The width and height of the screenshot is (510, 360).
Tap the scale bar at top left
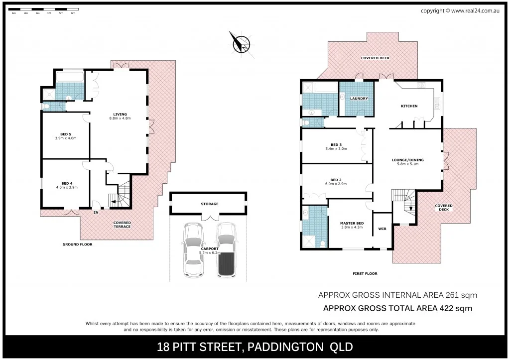[x=44, y=10]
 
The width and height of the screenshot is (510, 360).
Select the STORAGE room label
[x=210, y=204]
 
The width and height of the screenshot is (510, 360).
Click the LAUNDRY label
[x=359, y=99]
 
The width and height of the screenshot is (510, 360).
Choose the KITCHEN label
[x=409, y=106]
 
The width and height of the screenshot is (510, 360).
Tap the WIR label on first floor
[x=382, y=229]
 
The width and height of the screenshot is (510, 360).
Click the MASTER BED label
[x=352, y=223]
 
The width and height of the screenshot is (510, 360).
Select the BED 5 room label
[x=65, y=134]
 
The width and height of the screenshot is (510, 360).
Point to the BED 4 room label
[x=66, y=183]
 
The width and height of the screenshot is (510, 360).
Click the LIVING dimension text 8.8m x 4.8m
[x=120, y=119]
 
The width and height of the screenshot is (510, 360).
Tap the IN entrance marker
[x=96, y=213]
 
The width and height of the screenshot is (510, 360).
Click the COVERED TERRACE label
[x=122, y=225]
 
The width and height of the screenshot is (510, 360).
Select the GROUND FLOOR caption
[x=77, y=244]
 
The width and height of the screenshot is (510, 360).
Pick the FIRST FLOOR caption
[x=365, y=273]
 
